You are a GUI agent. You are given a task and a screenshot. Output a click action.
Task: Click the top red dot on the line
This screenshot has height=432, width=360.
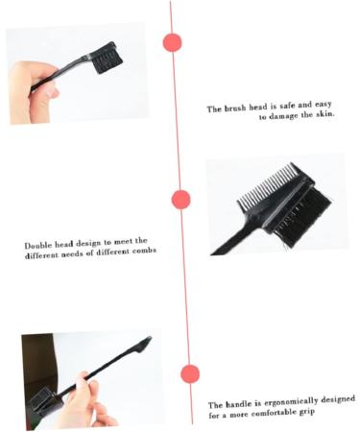[173, 42]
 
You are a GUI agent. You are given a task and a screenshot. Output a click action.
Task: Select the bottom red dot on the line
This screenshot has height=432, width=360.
[190, 373]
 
